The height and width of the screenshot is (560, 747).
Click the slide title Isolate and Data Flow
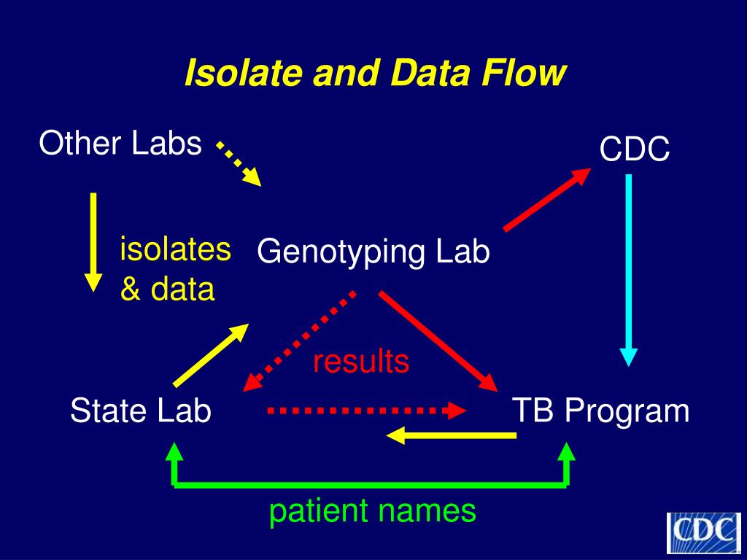click(375, 74)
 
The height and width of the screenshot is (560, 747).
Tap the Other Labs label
click(120, 143)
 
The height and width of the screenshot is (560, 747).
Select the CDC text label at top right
click(635, 150)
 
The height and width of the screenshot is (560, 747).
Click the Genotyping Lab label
click(373, 252)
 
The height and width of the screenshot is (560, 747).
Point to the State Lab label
click(141, 411)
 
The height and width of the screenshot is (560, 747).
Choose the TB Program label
click(600, 411)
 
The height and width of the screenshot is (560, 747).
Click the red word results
click(361, 361)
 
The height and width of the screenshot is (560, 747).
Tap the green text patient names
click(373, 511)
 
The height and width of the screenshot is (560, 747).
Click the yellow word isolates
click(175, 249)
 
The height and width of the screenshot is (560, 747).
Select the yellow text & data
click(167, 289)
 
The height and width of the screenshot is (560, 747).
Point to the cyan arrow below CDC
click(629, 270)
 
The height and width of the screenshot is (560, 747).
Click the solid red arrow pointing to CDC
click(547, 199)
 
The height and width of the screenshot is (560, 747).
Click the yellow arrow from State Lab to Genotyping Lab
click(211, 355)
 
